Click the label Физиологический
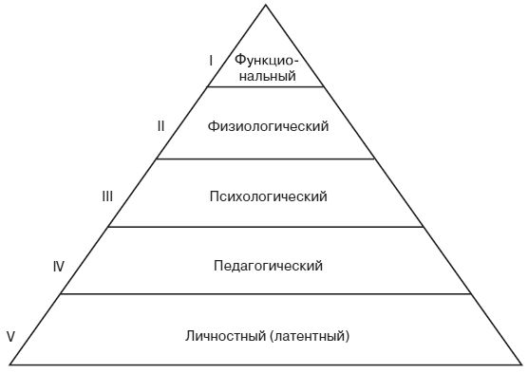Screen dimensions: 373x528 tap(267, 126)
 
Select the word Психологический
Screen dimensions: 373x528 tap(267, 196)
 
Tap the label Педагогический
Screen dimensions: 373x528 tap(269, 266)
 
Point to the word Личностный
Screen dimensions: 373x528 tap(224, 336)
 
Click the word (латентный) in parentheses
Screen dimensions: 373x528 tap(310, 336)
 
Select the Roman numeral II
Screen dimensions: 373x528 tap(161, 125)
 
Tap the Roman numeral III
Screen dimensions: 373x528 tap(107, 196)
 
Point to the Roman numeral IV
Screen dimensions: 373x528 tap(58, 267)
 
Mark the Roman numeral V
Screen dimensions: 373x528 tap(10, 336)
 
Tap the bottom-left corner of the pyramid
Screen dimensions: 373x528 tap(10, 364)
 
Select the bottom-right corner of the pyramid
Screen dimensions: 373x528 tap(521, 364)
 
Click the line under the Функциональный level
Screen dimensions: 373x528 tap(266, 86)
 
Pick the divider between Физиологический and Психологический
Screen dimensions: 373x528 tap(266, 159)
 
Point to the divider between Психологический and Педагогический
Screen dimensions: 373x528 tap(266, 227)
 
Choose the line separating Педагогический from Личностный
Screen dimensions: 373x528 tap(266, 294)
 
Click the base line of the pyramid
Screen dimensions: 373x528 tap(266, 364)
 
